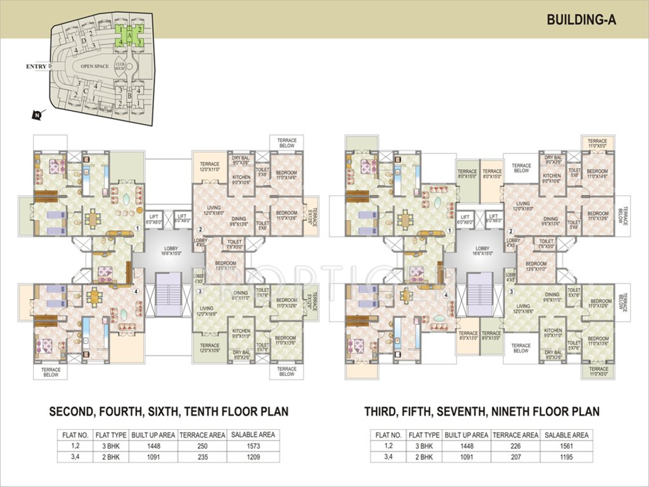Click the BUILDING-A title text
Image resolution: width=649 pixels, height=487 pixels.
tap(581, 20)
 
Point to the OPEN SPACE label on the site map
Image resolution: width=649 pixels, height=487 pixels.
tap(94, 66)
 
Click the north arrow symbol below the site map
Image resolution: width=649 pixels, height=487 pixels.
tap(37, 115)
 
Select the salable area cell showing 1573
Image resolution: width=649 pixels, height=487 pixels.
tap(252, 446)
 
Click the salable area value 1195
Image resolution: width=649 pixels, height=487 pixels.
tap(565, 457)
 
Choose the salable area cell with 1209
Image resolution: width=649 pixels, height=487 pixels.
tap(252, 457)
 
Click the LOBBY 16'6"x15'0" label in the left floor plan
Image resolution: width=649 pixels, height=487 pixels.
tap(167, 250)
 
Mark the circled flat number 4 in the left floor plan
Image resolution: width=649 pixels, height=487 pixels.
tap(137, 292)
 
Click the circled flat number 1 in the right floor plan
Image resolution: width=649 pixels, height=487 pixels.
tap(449, 231)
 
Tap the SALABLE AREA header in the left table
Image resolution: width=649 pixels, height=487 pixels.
tap(252, 435)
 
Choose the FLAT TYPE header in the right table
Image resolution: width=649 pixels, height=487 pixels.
tap(424, 435)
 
